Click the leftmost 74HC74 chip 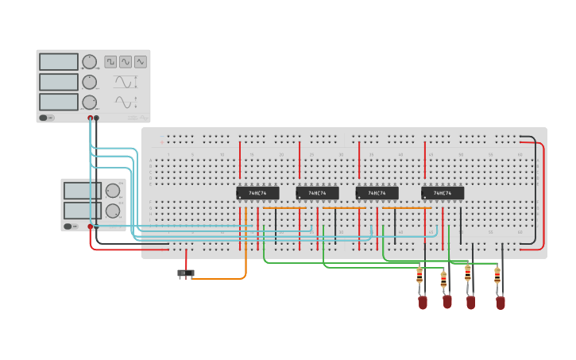tap(257, 193)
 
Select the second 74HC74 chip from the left tap(317, 193)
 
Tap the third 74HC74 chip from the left tap(377, 193)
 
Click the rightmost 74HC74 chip tap(443, 193)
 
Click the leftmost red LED tap(423, 302)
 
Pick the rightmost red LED tap(500, 302)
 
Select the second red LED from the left tap(447, 301)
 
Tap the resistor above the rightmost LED tap(497, 276)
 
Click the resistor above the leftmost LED tap(419, 276)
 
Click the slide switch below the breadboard tap(185, 273)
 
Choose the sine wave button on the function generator tap(126, 61)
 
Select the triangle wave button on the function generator tap(141, 61)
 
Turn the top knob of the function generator tap(89, 62)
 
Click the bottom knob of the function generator tap(89, 102)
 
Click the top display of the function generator tap(59, 62)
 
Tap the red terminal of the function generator tap(91, 118)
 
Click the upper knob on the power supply tap(113, 191)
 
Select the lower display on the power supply tap(82, 210)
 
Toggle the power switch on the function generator tap(47, 118)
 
